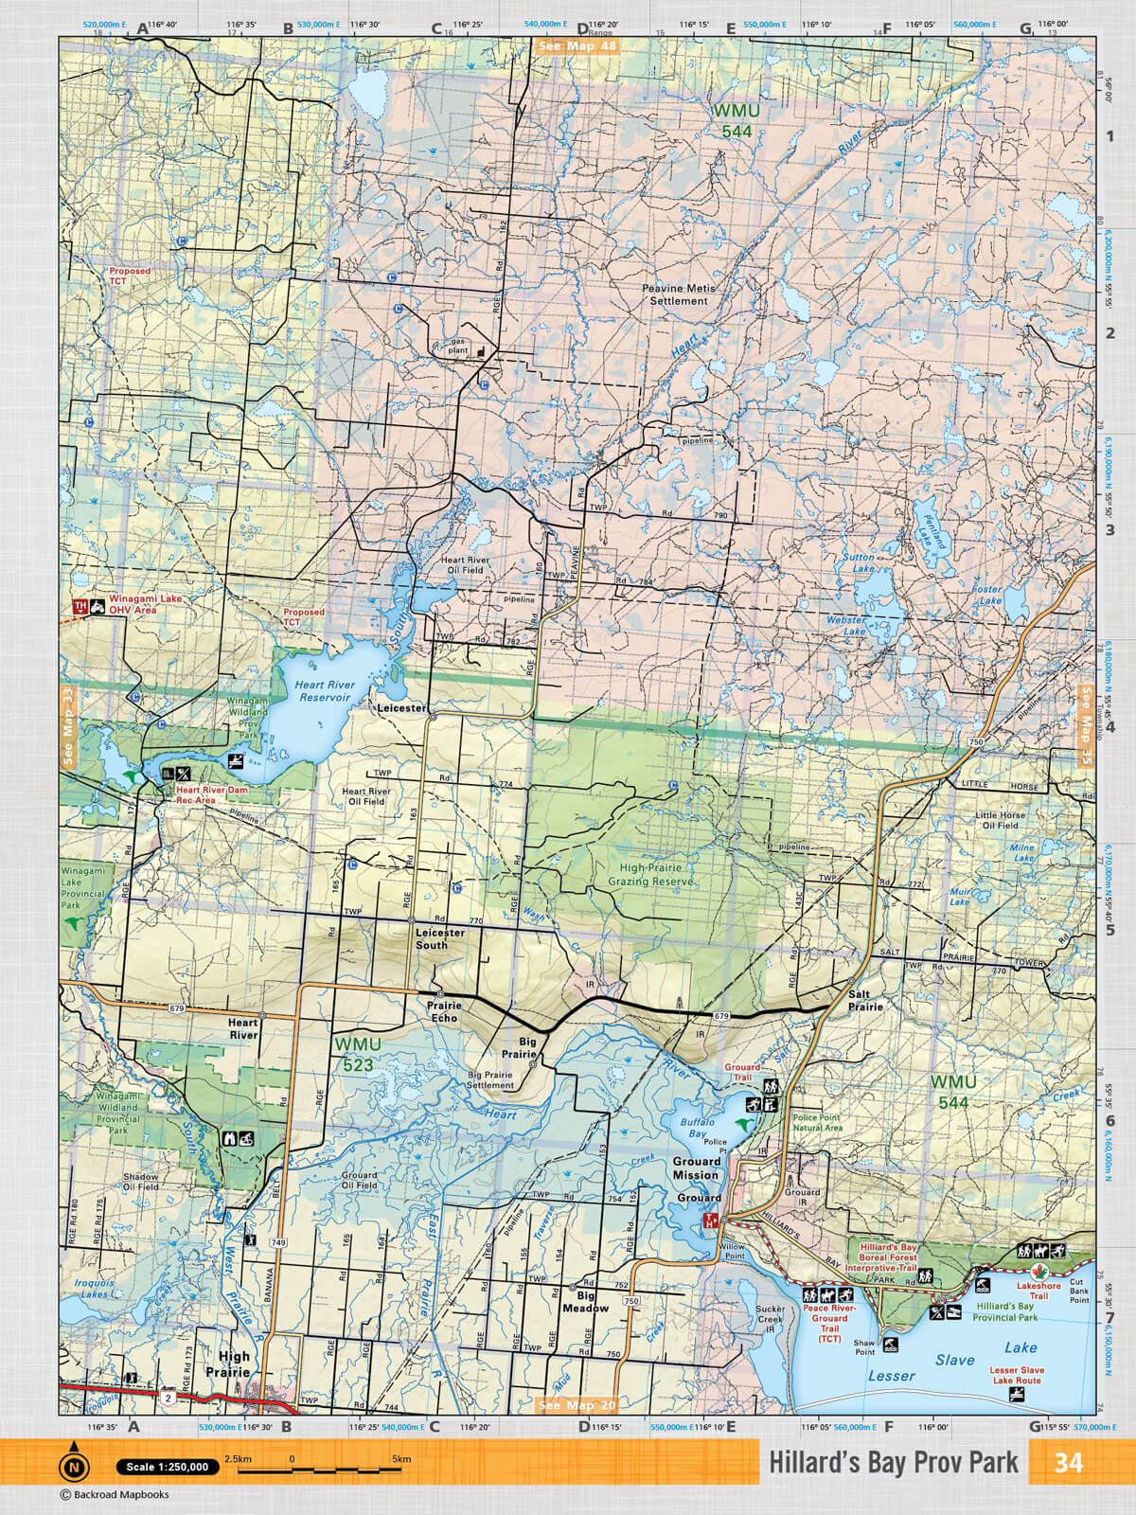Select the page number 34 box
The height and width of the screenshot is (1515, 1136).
click(1068, 1463)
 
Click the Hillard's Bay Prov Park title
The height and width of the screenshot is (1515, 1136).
click(892, 1463)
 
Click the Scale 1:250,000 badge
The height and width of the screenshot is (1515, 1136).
click(169, 1467)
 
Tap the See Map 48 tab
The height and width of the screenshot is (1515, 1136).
click(577, 45)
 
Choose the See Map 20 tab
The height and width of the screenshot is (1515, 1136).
click(577, 1405)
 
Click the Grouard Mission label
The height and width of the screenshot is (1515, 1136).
click(696, 1167)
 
